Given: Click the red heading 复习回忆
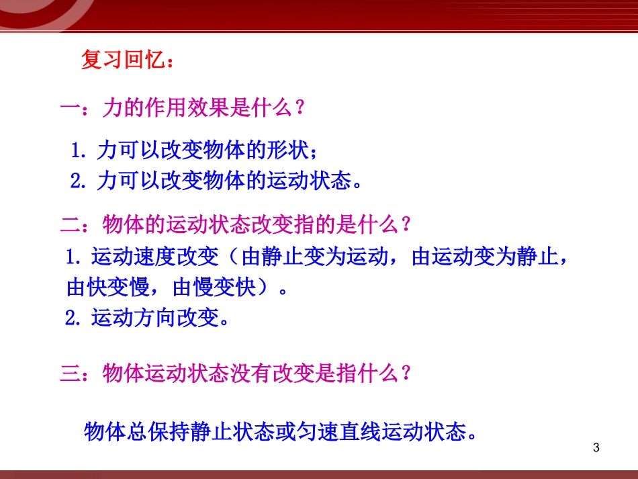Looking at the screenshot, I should click(x=122, y=60).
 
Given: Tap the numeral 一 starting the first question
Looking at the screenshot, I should click(x=69, y=108).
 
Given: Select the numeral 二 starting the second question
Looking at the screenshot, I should click(x=70, y=224).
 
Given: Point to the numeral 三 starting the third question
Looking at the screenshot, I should click(x=70, y=374).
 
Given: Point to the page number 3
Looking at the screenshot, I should click(x=596, y=447).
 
